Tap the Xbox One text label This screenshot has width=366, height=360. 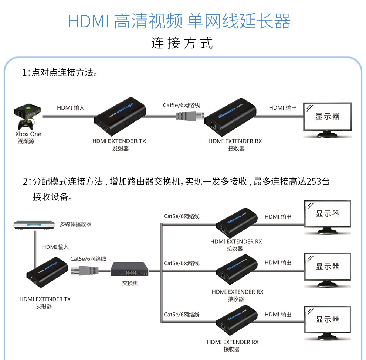tap(28, 134)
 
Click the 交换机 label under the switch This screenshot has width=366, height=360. tap(130, 284)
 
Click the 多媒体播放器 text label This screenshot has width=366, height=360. tap(75, 224)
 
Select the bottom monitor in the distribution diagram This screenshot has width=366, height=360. tap(327, 321)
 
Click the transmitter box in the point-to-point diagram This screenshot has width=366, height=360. tap(120, 116)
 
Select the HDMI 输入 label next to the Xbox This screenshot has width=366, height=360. tap(71, 108)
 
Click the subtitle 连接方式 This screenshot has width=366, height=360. tap(182, 43)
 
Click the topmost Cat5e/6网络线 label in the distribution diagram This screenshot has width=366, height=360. tap(182, 216)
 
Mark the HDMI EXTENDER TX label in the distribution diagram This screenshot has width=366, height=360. tap(45, 299)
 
